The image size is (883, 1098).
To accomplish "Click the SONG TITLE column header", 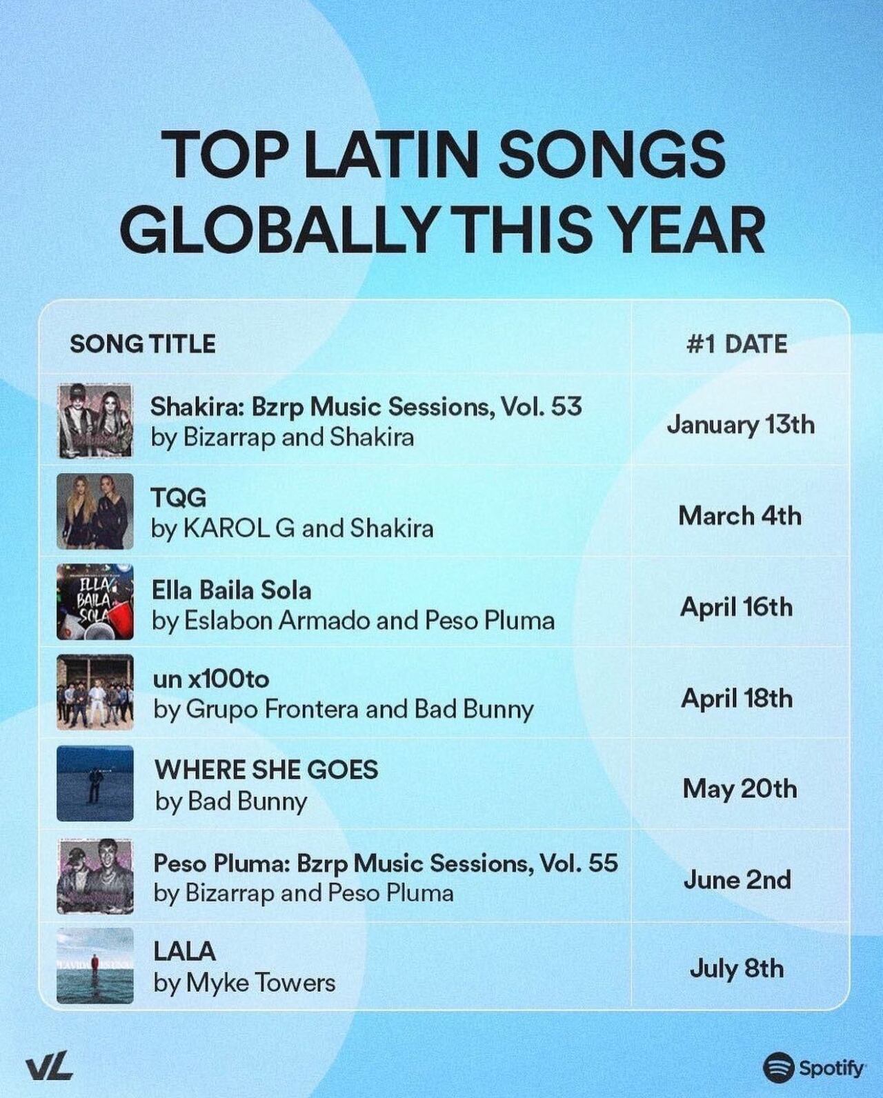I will pyautogui.click(x=143, y=343).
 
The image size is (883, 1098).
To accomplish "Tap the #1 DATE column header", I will pyautogui.click(x=737, y=343).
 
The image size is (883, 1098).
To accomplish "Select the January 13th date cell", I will pyautogui.click(x=740, y=424).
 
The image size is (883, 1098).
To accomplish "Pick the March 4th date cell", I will pyautogui.click(x=740, y=515).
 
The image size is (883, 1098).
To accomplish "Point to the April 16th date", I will pyautogui.click(x=736, y=607).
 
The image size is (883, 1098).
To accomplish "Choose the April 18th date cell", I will pyautogui.click(x=737, y=698).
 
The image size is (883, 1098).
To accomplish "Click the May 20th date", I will pyautogui.click(x=740, y=788).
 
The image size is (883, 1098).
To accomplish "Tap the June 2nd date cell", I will pyautogui.click(x=737, y=879).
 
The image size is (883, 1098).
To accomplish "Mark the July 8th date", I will pyautogui.click(x=736, y=968).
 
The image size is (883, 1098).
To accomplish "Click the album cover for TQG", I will pyautogui.click(x=95, y=511).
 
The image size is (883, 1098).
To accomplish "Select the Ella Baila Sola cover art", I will pyautogui.click(x=95, y=602).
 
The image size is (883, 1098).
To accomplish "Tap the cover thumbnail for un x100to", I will pyautogui.click(x=95, y=692).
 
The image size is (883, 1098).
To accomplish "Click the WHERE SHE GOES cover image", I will pyautogui.click(x=95, y=783).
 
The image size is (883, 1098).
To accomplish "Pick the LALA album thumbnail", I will pyautogui.click(x=95, y=966).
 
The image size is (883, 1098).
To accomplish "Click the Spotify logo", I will pyautogui.click(x=814, y=1068).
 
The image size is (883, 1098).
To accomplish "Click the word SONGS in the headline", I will pyautogui.click(x=611, y=153).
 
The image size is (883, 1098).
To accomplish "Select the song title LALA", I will pyautogui.click(x=184, y=952).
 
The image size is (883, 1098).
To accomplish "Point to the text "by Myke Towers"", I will pyautogui.click(x=244, y=983).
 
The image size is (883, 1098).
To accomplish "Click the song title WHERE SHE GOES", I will pyautogui.click(x=266, y=770).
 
